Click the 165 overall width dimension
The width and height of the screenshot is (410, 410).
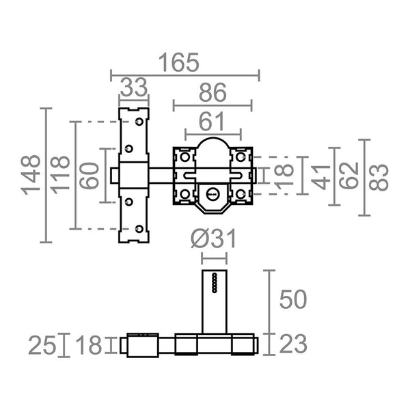coord(179,63)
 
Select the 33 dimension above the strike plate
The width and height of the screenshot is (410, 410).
coord(134,87)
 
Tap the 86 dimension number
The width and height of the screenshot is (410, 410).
coord(213,92)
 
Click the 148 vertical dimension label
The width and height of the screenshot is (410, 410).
coord(31,175)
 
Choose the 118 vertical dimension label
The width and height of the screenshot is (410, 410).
coord(60,175)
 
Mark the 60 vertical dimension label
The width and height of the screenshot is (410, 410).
coord(90,176)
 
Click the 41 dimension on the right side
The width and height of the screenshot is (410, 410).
coord(321,177)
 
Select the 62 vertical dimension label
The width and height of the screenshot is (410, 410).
coord(348,176)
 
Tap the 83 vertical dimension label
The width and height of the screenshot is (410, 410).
coord(379,178)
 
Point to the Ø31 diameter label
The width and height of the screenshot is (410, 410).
coord(214,238)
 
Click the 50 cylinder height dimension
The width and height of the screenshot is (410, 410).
coord(293,299)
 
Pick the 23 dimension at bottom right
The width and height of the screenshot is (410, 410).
coord(293,344)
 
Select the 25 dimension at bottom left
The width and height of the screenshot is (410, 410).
coord(42,345)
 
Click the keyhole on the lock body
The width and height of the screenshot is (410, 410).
coord(212,194)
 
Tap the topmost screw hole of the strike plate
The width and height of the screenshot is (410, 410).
coord(139,122)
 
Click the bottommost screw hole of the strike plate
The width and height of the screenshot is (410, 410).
coord(139,229)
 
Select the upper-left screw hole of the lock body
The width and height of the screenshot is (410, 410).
coord(184,157)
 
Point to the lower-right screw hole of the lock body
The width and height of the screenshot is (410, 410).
coord(240,194)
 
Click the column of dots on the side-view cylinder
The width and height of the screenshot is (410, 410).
coord(215,283)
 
